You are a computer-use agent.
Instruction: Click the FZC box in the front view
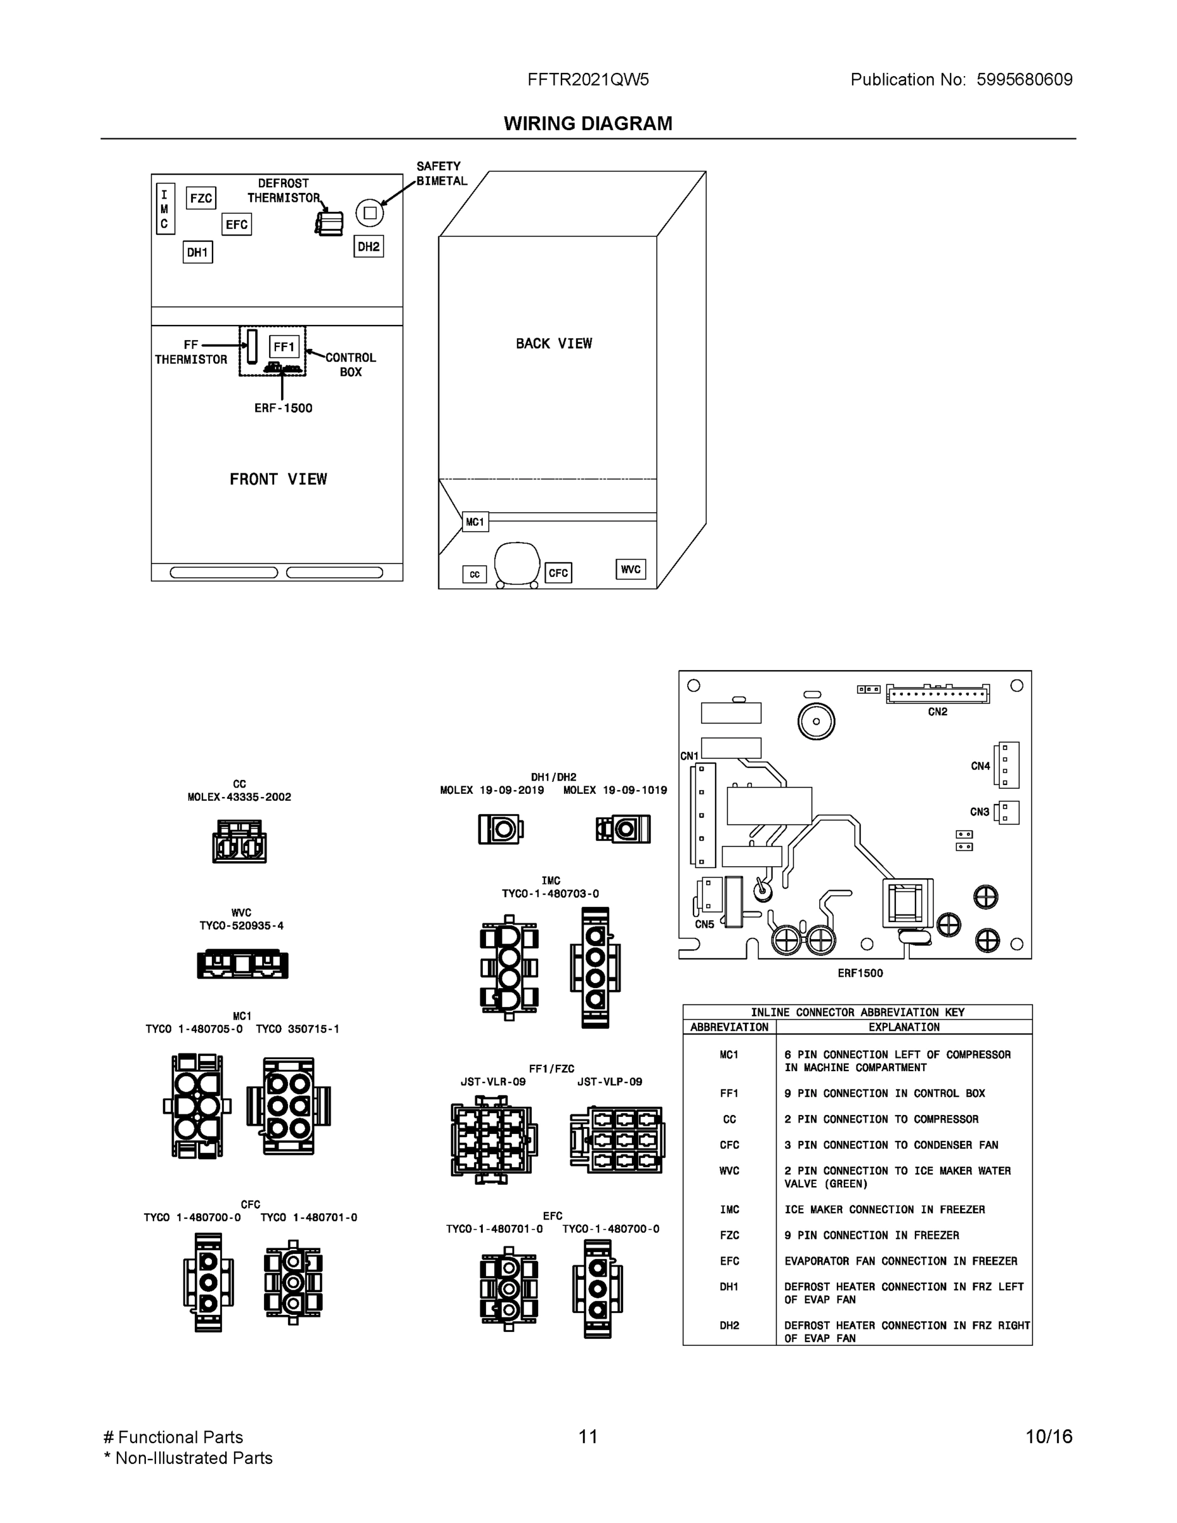pyautogui.click(x=201, y=198)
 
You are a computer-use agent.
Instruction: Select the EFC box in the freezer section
pyautogui.click(x=237, y=225)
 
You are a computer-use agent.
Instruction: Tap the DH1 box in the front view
pyautogui.click(x=198, y=253)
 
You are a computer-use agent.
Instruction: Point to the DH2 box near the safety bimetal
pyautogui.click(x=368, y=246)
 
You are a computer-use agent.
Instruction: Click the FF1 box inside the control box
pyautogui.click(x=284, y=346)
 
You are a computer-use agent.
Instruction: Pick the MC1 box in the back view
pyautogui.click(x=475, y=522)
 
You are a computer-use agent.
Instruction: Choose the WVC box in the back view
pyautogui.click(x=630, y=569)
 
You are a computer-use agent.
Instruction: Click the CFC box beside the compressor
pyautogui.click(x=558, y=573)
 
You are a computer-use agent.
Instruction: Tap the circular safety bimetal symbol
pyautogui.click(x=369, y=213)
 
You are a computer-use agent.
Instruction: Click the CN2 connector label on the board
pyautogui.click(x=937, y=712)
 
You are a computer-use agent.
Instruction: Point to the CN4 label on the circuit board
pyautogui.click(x=980, y=766)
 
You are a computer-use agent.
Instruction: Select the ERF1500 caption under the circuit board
pyautogui.click(x=860, y=973)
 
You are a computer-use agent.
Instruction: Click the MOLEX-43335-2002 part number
pyautogui.click(x=239, y=797)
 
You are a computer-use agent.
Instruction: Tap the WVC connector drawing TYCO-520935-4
pyautogui.click(x=242, y=965)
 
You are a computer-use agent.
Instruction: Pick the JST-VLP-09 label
pyautogui.click(x=609, y=1081)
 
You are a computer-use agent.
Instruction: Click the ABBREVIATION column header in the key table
pyautogui.click(x=728, y=1027)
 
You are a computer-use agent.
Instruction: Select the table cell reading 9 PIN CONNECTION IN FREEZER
pyautogui.click(x=871, y=1235)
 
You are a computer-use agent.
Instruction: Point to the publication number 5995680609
pyautogui.click(x=1023, y=79)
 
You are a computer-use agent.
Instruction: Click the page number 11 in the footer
pyautogui.click(x=588, y=1437)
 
